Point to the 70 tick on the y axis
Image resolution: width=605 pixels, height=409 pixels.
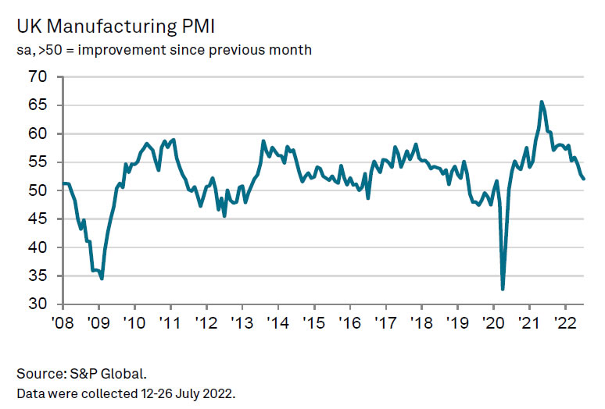38,77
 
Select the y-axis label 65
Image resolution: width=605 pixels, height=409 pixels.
38,105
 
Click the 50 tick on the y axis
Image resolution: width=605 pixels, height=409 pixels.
38,190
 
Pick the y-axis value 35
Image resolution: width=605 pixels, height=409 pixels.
38,276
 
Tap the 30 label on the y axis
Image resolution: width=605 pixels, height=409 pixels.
38,304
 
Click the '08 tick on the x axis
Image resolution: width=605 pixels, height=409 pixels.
63,322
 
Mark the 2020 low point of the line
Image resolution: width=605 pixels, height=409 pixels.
502,289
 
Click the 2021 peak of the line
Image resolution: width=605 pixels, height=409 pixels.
542,101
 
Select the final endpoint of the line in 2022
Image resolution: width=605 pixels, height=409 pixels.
585,179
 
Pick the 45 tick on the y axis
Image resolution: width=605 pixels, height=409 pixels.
38,219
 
